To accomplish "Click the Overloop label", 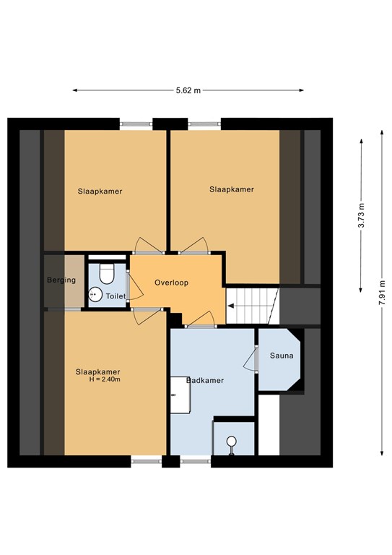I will [x=171, y=283].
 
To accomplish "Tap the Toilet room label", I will [x=116, y=296].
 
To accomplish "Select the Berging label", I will [x=61, y=280].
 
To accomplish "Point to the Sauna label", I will [x=281, y=356].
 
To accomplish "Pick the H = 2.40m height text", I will [x=104, y=379].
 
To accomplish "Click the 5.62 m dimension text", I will [x=188, y=90].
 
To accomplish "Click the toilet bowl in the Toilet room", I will [x=107, y=274].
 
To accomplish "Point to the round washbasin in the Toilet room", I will [x=94, y=293].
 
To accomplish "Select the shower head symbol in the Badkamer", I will [x=232, y=442].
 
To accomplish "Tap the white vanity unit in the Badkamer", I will [x=180, y=395].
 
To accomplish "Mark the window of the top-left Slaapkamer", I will [x=136, y=124].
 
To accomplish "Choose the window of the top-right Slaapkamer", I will [x=204, y=124].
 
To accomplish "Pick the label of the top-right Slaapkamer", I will [x=232, y=189].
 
